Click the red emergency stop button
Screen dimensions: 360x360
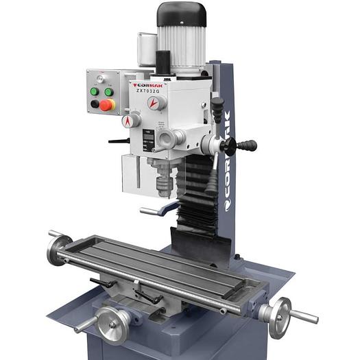[107, 105]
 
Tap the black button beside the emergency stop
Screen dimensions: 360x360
[95, 104]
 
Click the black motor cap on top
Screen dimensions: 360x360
[181, 14]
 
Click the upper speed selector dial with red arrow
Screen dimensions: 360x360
[156, 103]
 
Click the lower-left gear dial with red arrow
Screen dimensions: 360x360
[128, 121]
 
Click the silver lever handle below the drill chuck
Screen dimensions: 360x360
[154, 209]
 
